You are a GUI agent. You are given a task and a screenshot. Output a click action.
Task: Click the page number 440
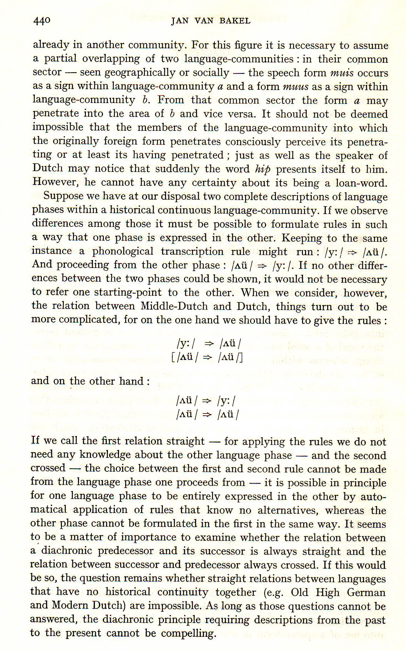point(42,21)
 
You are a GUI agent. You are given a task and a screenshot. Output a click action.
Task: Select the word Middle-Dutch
point(174,306)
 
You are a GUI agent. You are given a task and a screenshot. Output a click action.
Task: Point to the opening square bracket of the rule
point(173,358)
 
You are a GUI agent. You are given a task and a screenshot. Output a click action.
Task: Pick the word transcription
point(192,251)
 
